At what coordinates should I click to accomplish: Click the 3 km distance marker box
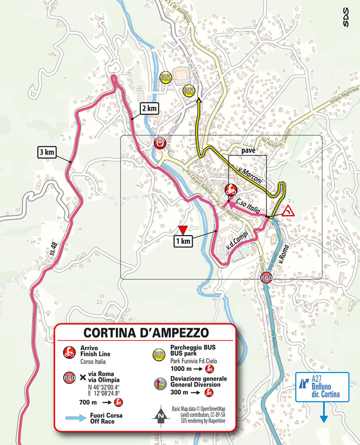coord(46,153)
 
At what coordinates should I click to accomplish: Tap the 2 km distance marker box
coord(149,108)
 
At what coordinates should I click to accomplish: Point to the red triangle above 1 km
coord(182,230)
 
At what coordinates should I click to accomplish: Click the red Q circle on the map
coord(161,143)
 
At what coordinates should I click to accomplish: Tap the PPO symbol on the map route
coord(267,278)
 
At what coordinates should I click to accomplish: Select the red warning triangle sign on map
coord(287,212)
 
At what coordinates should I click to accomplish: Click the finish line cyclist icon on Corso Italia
coord(230,189)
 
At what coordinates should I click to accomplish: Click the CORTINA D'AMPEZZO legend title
coord(146,333)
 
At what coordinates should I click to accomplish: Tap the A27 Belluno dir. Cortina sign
coord(322,386)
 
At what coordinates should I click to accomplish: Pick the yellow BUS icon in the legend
coord(159,355)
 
